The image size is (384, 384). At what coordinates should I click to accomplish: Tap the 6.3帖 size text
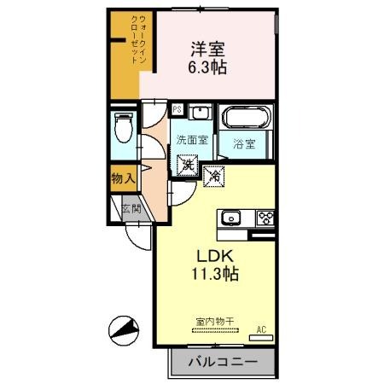click(208, 68)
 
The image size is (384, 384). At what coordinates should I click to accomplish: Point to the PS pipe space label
click(177, 110)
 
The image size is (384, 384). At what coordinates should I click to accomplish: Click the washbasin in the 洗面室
click(199, 112)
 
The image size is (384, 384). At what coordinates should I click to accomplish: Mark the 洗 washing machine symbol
click(185, 164)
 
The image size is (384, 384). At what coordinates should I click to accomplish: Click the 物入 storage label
click(123, 178)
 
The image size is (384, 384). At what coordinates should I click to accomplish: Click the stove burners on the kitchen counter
click(265, 216)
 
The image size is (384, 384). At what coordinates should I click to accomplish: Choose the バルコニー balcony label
click(221, 362)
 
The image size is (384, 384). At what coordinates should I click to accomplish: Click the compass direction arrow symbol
click(124, 328)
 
